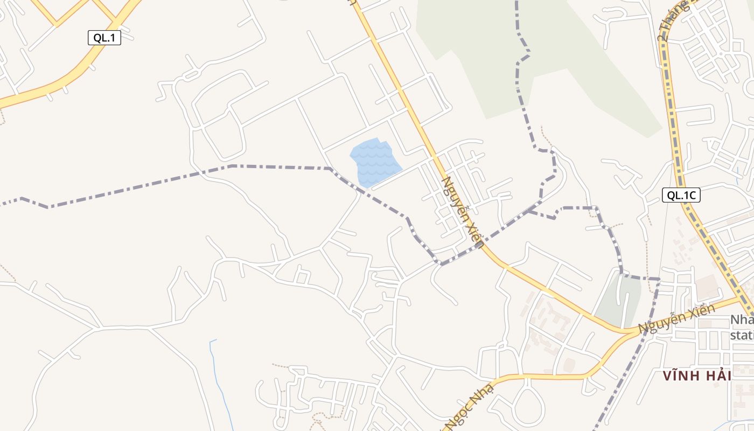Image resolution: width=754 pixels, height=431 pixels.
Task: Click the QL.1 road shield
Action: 104,38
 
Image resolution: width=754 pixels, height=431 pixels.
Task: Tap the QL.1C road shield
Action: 681,196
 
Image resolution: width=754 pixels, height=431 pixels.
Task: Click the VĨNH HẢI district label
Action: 697,376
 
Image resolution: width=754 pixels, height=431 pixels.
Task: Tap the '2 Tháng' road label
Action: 673,20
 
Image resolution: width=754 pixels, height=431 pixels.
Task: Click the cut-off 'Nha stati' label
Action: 742,328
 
